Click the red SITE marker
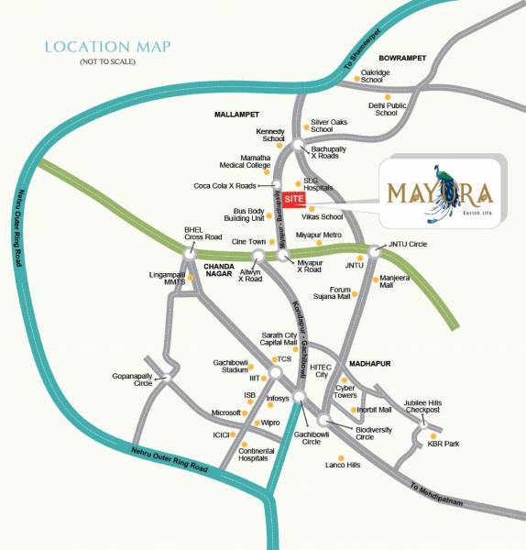click(293, 199)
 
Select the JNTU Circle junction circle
click(374, 250)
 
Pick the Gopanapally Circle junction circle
click(165, 375)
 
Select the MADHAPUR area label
click(369, 364)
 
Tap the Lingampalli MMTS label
click(167, 278)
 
